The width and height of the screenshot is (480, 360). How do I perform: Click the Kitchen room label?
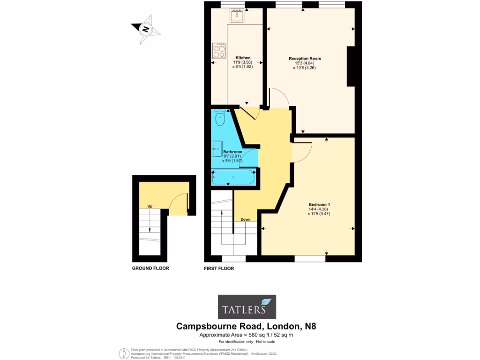pos(243,58)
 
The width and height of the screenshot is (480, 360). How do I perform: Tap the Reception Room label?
pos(305,59)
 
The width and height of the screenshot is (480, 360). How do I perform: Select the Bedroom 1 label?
pos(319,204)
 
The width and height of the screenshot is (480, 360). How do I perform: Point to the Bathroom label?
pos(232,152)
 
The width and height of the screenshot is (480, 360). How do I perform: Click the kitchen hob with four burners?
pos(219,51)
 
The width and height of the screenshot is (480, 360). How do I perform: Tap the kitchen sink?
pos(238,15)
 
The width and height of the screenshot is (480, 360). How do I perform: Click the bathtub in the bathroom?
pos(233,178)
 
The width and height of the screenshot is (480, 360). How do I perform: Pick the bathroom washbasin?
pos(217,149)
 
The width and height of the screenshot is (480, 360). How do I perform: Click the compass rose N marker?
pos(146,29)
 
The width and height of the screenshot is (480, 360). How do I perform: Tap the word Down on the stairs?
pos(245,219)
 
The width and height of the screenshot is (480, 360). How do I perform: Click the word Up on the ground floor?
pos(150,206)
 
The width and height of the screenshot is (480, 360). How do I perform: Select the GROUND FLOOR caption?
pos(150,268)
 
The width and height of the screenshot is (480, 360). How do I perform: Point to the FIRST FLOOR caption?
pos(218,269)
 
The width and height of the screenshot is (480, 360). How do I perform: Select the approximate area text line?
pos(246,335)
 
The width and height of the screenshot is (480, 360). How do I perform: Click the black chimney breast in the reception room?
pos(351,66)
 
